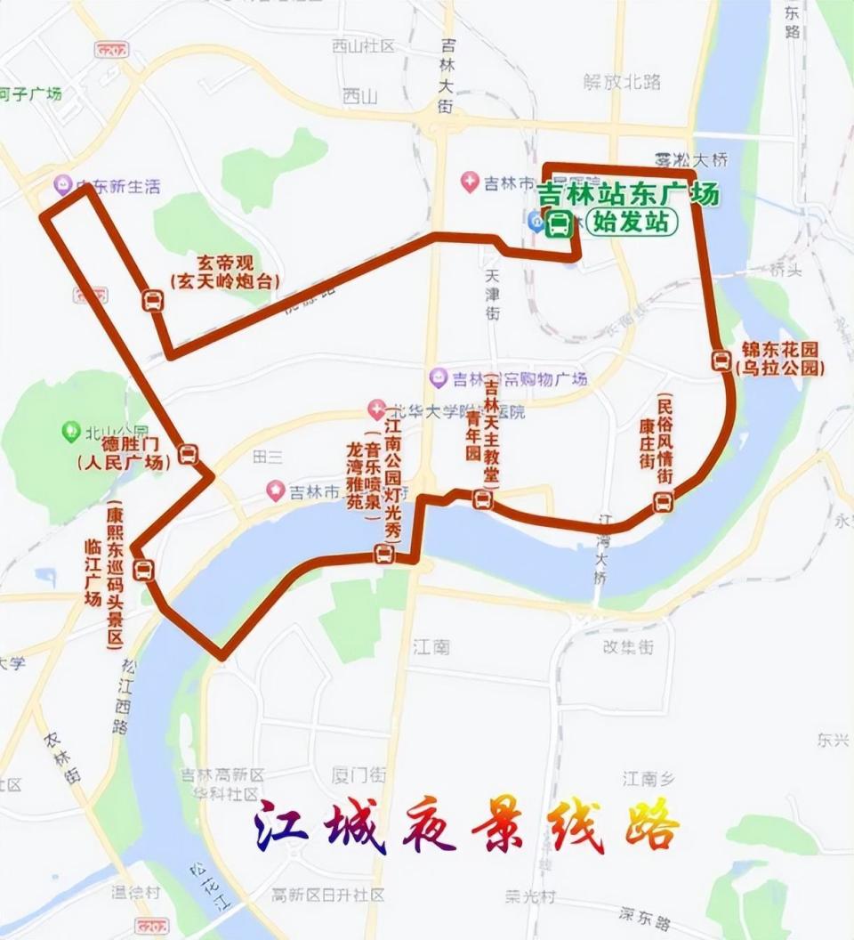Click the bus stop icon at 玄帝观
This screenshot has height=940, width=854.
153,301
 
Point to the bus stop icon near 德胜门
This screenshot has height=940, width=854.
188,455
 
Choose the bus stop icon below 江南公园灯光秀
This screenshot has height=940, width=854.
384,555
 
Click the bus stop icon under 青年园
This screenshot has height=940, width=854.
483,498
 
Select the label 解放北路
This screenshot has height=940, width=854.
622,82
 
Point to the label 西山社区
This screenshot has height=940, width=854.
362,46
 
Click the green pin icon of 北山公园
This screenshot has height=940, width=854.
71,432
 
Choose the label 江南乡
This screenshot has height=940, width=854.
647,779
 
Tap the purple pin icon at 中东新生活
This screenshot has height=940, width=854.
63,185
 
